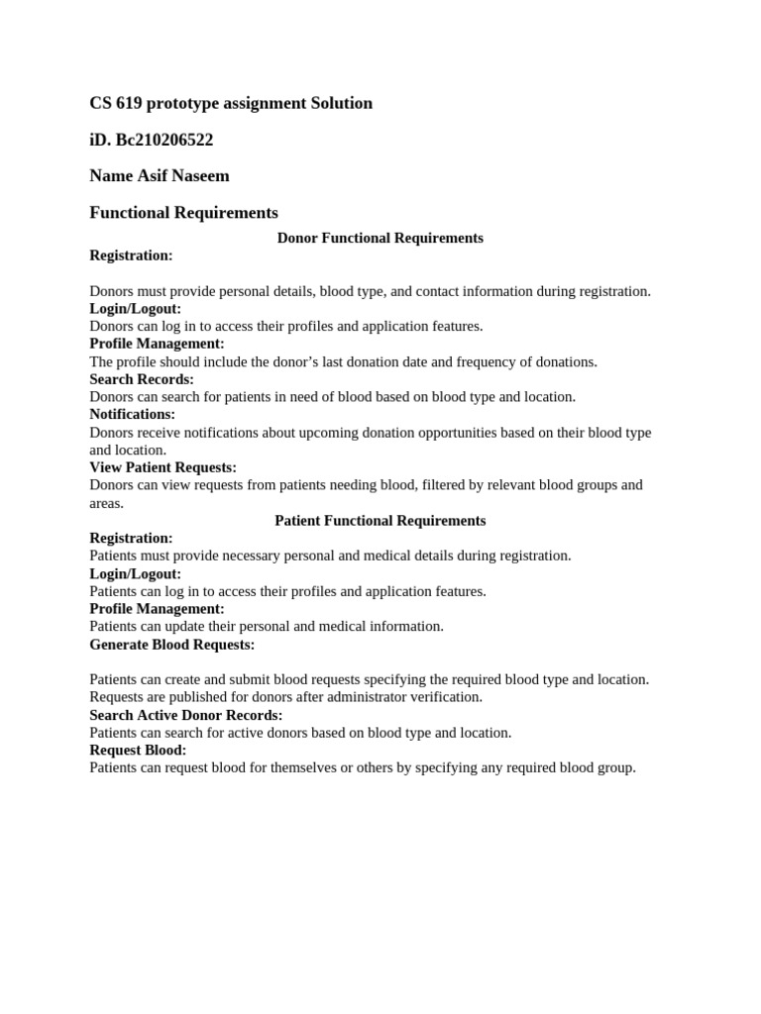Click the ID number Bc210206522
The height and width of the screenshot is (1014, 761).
click(x=164, y=140)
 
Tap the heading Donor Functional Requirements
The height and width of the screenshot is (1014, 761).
click(x=380, y=238)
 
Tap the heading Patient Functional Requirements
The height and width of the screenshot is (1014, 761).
click(x=380, y=520)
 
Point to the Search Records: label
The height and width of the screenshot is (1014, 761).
click(x=142, y=379)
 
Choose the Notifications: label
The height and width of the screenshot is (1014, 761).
click(x=132, y=414)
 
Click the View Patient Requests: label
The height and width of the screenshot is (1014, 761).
click(x=163, y=467)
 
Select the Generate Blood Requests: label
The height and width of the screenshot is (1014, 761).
click(x=171, y=645)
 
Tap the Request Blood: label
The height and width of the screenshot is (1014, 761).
click(x=138, y=750)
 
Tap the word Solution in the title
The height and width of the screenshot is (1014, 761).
click(x=340, y=103)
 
